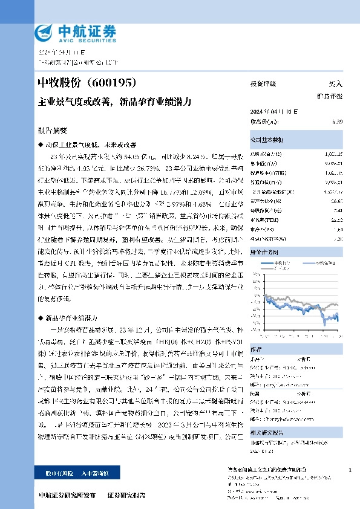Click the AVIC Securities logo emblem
click(44, 32)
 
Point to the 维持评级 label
click(330, 96)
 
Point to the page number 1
click(350, 469)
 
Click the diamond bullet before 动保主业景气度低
click(41, 145)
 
